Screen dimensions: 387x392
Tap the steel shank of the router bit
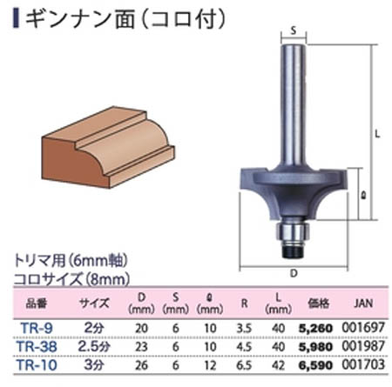[293, 96]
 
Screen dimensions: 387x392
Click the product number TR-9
[33, 329]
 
